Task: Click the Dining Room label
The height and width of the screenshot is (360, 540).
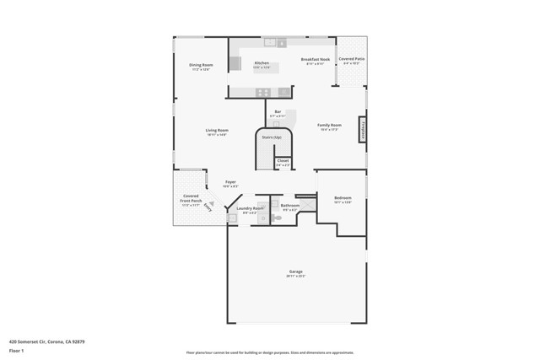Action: point(200,65)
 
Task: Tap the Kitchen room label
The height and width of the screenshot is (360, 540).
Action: point(262,63)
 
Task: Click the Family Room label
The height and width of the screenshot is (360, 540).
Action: point(328,126)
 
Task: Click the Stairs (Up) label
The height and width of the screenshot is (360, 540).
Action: point(272,137)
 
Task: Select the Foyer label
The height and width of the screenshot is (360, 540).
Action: point(229,182)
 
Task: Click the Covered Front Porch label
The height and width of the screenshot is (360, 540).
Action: point(191,200)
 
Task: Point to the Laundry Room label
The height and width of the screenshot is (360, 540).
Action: point(250,208)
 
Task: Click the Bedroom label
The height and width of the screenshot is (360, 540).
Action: point(343,199)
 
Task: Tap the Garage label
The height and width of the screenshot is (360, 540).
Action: point(294,271)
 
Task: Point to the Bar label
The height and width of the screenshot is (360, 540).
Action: point(278,112)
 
